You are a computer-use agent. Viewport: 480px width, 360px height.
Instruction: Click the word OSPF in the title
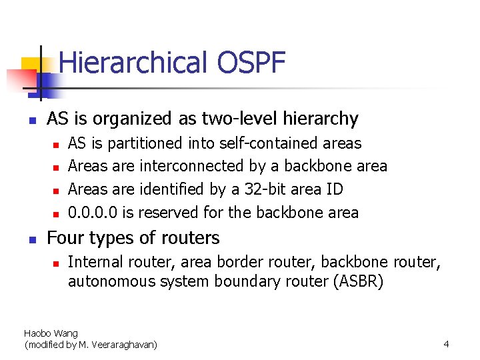coord(251,63)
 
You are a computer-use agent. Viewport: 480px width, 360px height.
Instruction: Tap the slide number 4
coord(446,344)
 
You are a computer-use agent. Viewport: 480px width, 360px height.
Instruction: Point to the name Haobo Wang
coord(51,333)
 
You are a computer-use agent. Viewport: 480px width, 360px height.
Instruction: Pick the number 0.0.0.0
coord(95,213)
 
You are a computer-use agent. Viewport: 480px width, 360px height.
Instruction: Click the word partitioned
coord(145,143)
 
